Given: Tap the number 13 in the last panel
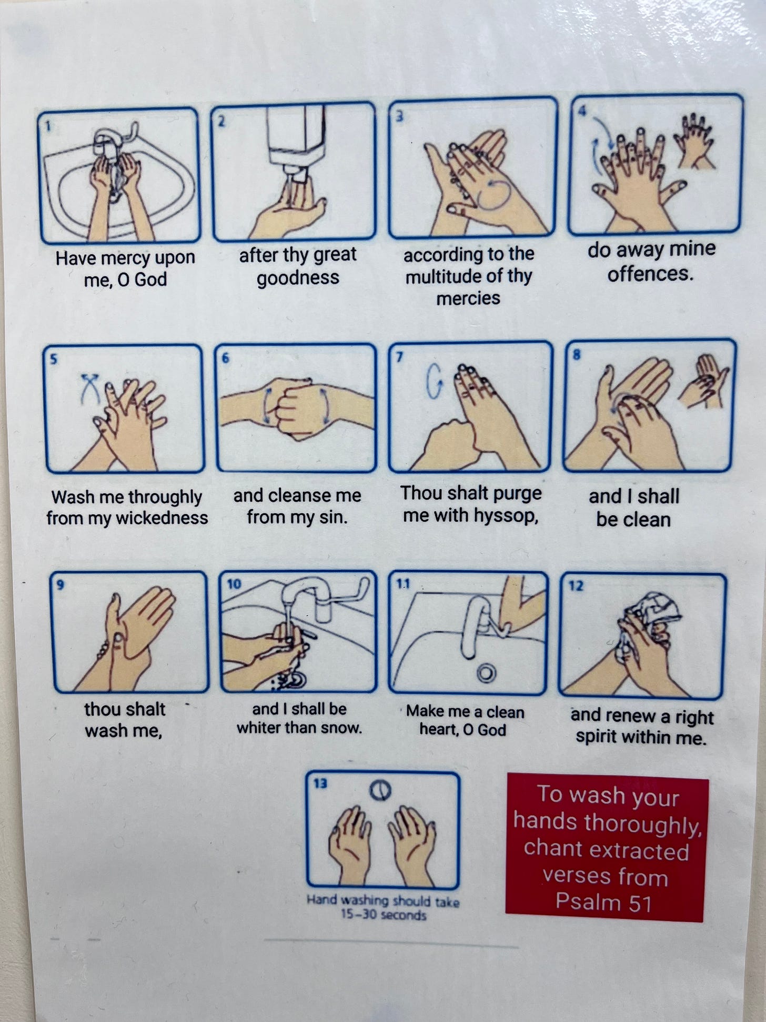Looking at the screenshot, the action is pyautogui.click(x=320, y=784).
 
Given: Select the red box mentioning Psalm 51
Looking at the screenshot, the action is pyautogui.click(x=607, y=849).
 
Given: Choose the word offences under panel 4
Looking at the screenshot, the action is pyautogui.click(x=650, y=274).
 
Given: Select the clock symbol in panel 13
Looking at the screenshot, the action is pyautogui.click(x=382, y=790).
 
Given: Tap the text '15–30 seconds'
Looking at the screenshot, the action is pyautogui.click(x=383, y=915).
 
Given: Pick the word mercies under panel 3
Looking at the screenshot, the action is pyautogui.click(x=468, y=299).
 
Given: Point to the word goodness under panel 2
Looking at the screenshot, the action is pyautogui.click(x=298, y=278).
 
